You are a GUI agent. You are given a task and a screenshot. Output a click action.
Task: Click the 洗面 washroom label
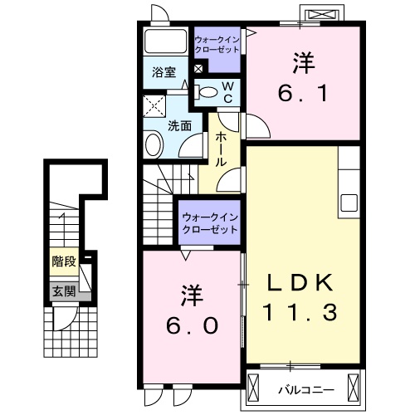pos(179,125)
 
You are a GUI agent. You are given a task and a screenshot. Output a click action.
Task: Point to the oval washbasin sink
pos(153,146)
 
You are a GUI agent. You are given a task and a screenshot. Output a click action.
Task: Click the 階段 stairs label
pos(63,261)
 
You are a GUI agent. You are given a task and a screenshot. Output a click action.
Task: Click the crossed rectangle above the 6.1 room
pos(323,16)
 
